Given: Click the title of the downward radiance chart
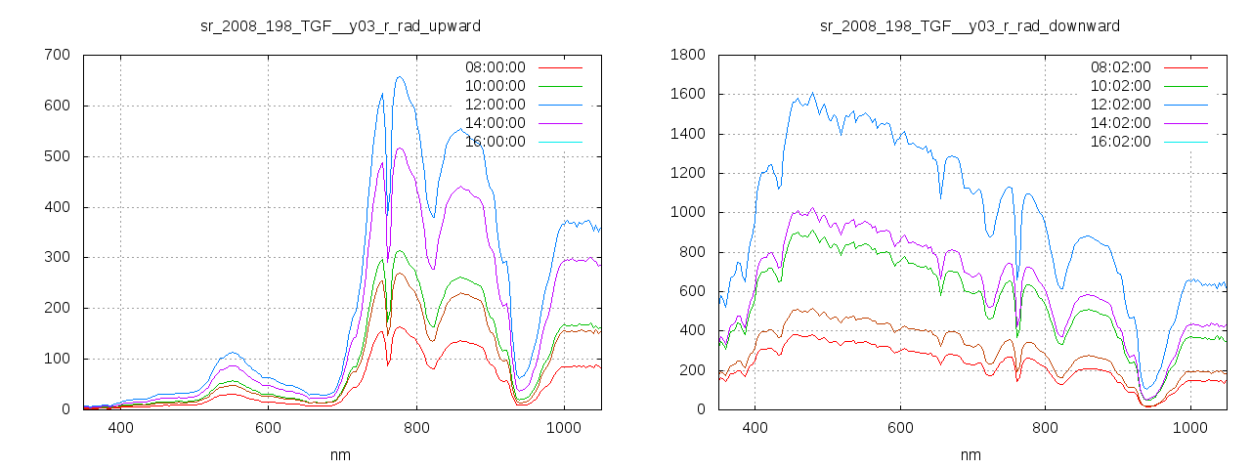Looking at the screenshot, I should [970, 25].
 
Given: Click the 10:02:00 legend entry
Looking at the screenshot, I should [1120, 86].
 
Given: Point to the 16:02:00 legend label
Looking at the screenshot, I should [1120, 142].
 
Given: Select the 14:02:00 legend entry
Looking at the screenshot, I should [1120, 123].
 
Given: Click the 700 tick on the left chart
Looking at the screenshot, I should [57, 55].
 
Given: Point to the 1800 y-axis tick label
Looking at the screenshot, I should [688, 55].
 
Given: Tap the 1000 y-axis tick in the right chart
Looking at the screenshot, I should [688, 213].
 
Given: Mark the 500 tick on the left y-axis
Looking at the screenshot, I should [57, 156].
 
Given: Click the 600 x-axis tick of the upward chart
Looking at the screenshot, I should [269, 428].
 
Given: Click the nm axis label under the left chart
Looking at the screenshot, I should [340, 454].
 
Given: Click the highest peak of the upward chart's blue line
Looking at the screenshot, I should [400, 77].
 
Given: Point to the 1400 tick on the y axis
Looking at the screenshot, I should [688, 134].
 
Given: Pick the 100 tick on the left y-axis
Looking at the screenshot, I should [57, 359].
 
